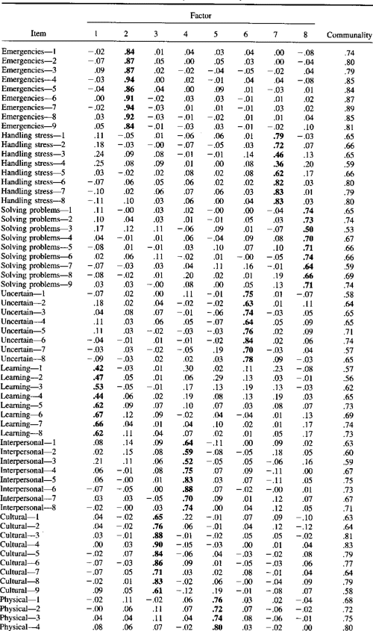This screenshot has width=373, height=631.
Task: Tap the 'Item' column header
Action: (x=35, y=35)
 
